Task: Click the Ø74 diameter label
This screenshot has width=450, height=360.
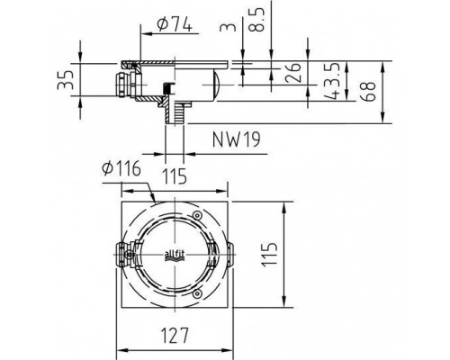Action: coord(175,24)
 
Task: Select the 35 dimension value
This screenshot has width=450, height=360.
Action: coord(66,80)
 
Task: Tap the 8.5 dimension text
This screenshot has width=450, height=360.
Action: coord(256,20)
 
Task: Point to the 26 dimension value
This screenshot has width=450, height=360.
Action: coord(293,73)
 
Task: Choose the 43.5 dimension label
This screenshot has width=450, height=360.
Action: coord(332,81)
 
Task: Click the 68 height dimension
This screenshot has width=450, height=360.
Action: coord(368,91)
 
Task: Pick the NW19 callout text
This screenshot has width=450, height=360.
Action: coord(236,139)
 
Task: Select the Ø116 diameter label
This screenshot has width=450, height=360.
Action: coord(121,168)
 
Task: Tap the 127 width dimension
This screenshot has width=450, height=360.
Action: coord(175,335)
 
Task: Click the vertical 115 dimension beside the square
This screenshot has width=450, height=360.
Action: coord(268,255)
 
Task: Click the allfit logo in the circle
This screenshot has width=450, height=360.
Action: coord(175,256)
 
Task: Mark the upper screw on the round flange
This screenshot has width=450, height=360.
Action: coord(197,215)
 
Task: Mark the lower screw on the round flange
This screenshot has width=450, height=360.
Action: coord(197,293)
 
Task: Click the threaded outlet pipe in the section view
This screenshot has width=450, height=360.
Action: coord(175,112)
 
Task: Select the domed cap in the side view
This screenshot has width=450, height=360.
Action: coord(217,84)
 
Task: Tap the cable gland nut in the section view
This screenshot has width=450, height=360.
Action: coord(122,84)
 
